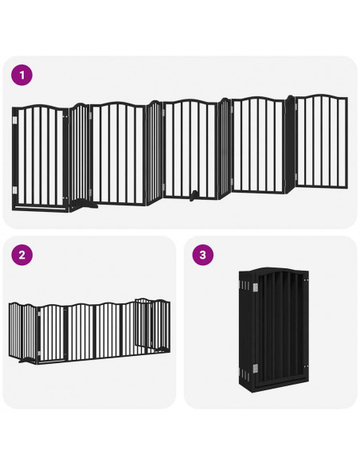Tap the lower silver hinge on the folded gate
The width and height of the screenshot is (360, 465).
(x=254, y=368)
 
